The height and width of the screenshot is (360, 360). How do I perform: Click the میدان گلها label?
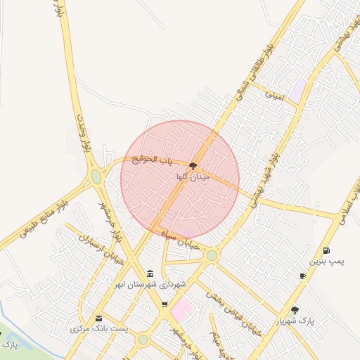tap(193, 178)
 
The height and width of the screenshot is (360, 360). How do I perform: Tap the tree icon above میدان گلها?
tap(193, 167)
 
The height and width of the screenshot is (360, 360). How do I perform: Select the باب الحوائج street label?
tap(151, 161)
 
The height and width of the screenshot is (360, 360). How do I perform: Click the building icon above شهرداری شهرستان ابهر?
tap(149, 274)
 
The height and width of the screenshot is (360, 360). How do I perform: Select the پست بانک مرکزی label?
tap(98, 328)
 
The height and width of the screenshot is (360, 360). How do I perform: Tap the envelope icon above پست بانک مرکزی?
tap(98, 318)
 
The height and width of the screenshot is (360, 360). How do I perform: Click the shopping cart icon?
tap(165, 304)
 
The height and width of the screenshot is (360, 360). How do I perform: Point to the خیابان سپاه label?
tap(181, 237)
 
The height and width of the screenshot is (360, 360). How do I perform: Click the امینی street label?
tap(272, 95)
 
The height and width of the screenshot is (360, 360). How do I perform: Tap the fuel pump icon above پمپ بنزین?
tap(326, 250)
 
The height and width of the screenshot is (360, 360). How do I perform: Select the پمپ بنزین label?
tap(328, 262)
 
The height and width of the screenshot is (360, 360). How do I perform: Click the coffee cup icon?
tap(302, 276)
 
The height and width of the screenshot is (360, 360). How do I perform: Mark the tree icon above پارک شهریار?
tap(295, 309)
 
